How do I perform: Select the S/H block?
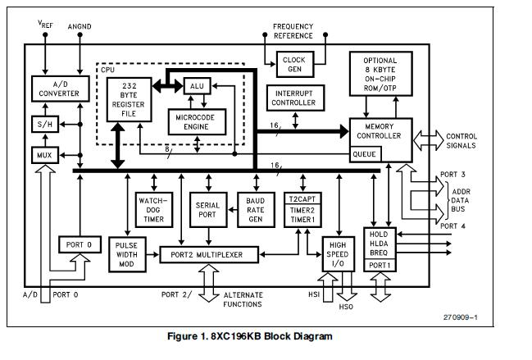pyautogui.click(x=43, y=124)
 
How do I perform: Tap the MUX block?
pyautogui.click(x=43, y=153)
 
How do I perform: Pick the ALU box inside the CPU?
pyautogui.click(x=196, y=86)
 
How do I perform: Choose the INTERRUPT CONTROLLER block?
pyautogui.click(x=293, y=98)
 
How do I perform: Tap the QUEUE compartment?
pyautogui.click(x=366, y=153)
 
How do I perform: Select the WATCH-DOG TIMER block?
pyautogui.click(x=152, y=208)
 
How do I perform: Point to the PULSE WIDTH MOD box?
pyautogui.click(x=127, y=254)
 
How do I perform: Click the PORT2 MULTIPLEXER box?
pyautogui.click(x=209, y=254)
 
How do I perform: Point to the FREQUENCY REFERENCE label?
pyautogui.click(x=293, y=31)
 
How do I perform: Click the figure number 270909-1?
pyautogui.click(x=462, y=317)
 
